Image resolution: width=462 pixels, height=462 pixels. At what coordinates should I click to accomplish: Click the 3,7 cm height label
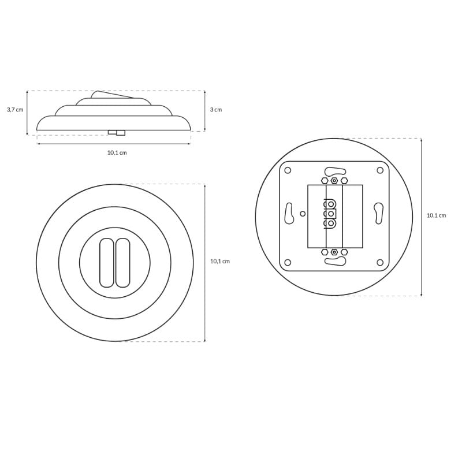15,110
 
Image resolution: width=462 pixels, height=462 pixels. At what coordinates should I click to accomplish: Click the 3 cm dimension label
216,110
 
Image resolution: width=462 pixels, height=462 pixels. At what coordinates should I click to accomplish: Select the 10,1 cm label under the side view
117,152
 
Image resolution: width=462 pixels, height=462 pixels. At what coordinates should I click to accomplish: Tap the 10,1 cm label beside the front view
220,262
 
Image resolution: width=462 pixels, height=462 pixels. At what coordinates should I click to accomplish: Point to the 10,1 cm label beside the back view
437,215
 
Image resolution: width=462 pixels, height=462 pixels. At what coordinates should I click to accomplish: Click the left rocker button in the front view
107,263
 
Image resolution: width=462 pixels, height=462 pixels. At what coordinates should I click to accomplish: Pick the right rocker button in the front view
122,263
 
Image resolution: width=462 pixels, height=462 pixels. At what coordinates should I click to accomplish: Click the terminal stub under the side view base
117,133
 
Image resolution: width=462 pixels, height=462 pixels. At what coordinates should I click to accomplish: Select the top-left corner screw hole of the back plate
288,170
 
